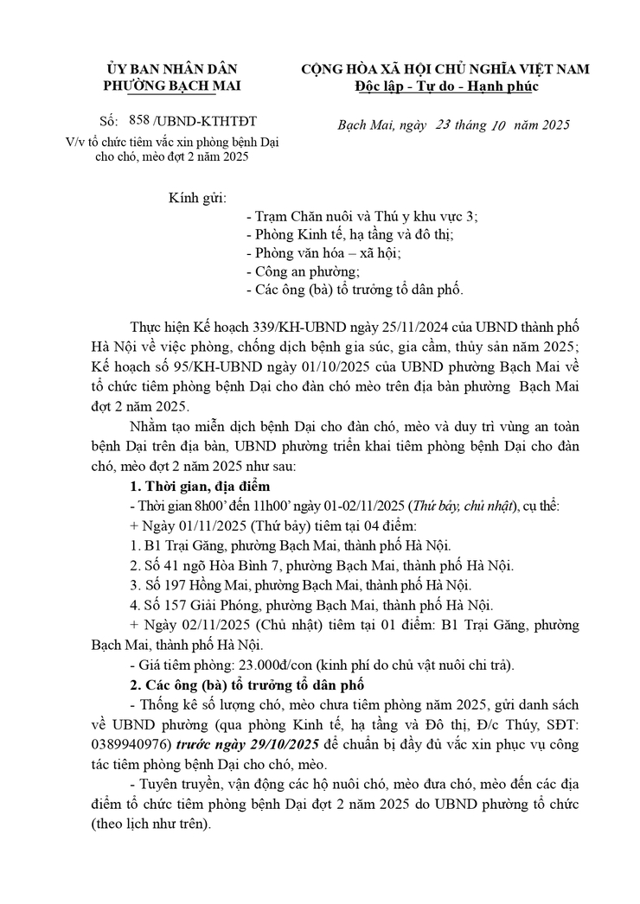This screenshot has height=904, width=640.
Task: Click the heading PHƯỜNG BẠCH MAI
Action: coord(172,86)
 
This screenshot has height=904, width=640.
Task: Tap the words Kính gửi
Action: coord(196,197)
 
